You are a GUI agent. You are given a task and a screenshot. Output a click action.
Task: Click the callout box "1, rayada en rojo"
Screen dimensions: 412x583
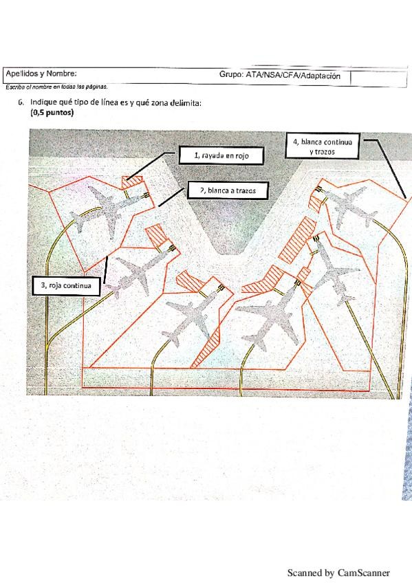pos(221,155)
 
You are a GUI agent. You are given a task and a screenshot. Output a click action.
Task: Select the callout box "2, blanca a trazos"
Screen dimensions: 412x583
pos(228,190)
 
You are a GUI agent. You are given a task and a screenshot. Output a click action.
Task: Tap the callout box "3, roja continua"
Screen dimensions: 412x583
pos(66,285)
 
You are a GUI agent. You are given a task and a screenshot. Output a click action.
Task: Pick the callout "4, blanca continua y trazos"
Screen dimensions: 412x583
pos(323,146)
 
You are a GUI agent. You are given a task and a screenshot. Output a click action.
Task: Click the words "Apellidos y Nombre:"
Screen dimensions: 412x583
pos(41,74)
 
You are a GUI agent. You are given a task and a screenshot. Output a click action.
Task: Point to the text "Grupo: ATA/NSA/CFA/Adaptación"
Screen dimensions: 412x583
pos(280,76)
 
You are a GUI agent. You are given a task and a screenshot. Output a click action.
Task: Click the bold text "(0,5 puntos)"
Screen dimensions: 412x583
pos(52,112)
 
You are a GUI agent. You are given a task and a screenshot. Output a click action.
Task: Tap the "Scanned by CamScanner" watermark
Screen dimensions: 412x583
pos(338,573)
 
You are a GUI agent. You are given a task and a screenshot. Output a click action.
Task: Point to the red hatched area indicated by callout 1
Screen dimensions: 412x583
pos(132,182)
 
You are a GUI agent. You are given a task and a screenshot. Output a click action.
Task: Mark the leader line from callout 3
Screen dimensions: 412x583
pos(105,270)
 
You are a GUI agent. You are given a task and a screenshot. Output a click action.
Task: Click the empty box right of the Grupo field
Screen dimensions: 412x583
pos(378,79)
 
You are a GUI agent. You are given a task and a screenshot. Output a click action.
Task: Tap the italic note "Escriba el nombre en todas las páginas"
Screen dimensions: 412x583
pos(56,87)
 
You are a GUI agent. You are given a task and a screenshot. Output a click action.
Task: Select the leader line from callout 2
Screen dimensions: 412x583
pos(172,197)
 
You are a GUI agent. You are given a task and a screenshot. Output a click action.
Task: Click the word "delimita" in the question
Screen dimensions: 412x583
pos(185,102)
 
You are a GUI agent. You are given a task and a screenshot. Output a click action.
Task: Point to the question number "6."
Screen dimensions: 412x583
pos(21,102)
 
